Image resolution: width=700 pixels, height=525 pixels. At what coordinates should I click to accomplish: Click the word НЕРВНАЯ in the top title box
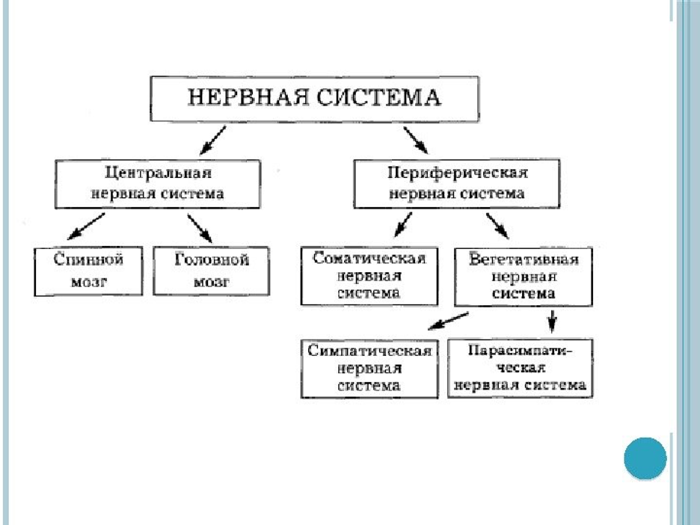248,97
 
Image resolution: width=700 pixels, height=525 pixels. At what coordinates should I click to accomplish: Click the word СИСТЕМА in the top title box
378,97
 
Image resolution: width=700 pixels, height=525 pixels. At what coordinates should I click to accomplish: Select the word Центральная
158,173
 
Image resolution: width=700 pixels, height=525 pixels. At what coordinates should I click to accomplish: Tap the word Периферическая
457,173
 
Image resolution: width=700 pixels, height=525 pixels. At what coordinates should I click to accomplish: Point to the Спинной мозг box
88,271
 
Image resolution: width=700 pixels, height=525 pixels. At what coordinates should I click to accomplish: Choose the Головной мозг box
211,271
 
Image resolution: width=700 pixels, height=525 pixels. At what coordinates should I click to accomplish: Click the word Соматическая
369,258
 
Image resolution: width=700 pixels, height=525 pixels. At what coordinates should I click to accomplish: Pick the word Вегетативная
524,260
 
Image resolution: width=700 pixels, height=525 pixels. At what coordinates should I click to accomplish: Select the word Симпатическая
369,351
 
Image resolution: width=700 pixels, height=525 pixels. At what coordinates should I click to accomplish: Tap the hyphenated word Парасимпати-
520,350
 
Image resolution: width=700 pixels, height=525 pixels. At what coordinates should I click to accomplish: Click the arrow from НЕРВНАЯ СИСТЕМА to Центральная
212,140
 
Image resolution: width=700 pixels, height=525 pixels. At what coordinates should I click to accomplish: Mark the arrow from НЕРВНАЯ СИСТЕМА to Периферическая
416,140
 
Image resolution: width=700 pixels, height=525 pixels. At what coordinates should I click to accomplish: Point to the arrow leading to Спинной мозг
86,226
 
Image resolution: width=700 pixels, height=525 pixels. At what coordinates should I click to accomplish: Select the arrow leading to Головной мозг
200,228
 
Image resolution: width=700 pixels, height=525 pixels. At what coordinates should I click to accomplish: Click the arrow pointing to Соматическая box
402,224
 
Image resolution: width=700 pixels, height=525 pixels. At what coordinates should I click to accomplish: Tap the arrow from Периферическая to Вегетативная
497,226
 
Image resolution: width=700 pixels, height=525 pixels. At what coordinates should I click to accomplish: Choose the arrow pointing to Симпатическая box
448,321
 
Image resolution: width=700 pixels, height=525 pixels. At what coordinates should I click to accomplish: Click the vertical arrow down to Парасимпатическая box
552,322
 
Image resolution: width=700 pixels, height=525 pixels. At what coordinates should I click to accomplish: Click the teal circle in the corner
645,458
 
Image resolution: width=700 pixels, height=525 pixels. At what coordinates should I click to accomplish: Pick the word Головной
212,260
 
